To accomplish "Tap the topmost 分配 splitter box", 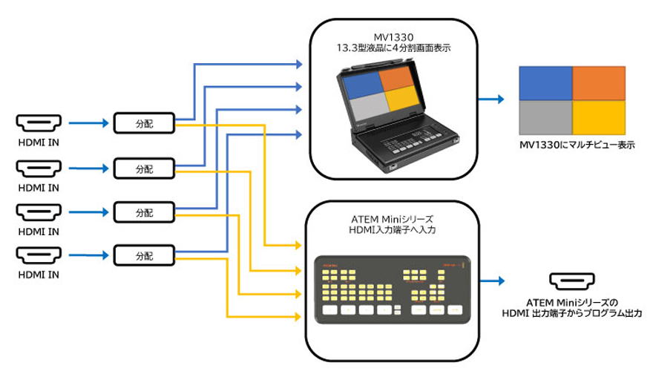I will [144, 122].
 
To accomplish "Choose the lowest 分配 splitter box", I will [144, 257].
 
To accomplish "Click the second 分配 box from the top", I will [144, 168].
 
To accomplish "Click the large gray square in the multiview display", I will [545, 117].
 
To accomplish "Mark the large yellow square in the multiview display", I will [599, 117].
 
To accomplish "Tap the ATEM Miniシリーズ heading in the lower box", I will [391, 219].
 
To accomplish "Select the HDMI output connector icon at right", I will [571, 281].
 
